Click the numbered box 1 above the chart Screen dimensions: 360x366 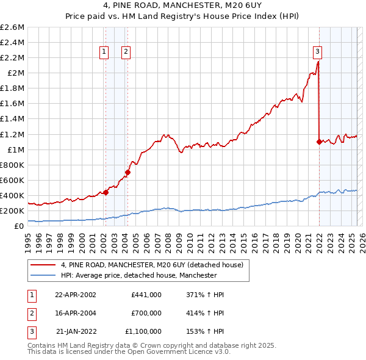(105, 52)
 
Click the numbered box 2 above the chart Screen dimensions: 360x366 (126, 52)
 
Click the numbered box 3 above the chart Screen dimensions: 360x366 (318, 52)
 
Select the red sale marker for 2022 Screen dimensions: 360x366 (319, 142)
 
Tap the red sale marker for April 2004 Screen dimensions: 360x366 (127, 172)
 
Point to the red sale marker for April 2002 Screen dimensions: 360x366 (106, 192)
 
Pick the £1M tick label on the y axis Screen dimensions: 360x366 (15, 149)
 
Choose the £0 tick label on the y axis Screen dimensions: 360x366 (19, 226)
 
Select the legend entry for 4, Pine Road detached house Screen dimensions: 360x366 (152, 265)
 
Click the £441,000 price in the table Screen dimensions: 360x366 (146, 294)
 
